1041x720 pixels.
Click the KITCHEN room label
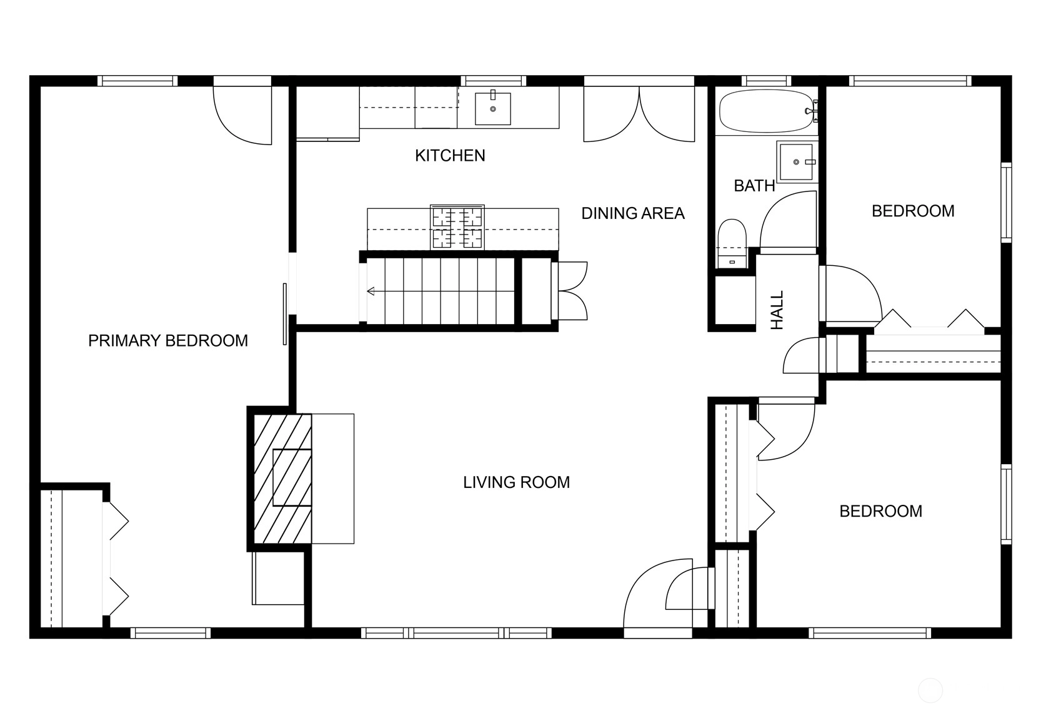(450, 155)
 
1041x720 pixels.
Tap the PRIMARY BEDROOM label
(167, 340)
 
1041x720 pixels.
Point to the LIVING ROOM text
(516, 482)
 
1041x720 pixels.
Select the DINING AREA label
(633, 213)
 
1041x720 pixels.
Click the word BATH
(754, 186)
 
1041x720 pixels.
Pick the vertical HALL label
(777, 310)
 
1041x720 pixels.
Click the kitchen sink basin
(492, 109)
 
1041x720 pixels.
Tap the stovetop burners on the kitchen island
(457, 228)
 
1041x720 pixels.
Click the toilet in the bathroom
(732, 244)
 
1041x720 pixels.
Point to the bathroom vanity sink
(797, 161)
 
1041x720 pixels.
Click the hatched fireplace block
(282, 478)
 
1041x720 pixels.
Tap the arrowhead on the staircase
(371, 292)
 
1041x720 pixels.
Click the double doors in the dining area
(639, 114)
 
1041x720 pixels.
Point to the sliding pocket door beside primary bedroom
(285, 314)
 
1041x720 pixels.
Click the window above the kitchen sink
(496, 81)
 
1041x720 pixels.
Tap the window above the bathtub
(766, 81)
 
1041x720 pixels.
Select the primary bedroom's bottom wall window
(171, 632)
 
